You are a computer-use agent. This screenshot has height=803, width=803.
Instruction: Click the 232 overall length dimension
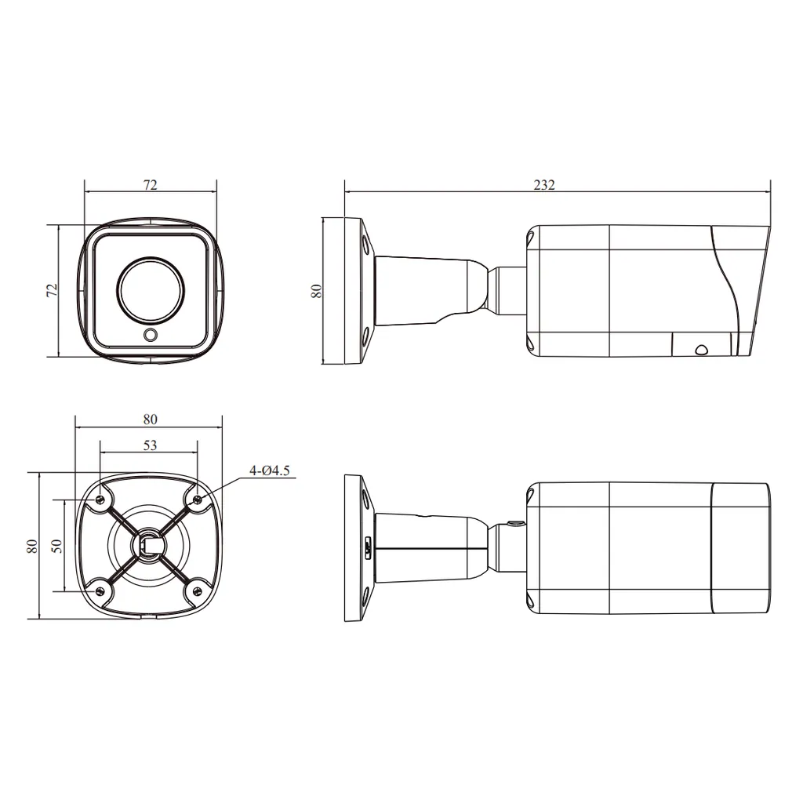pos(544,184)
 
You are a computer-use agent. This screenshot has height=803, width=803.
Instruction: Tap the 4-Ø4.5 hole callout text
pos(270,471)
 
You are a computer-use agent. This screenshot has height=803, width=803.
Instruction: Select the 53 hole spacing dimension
pos(150,445)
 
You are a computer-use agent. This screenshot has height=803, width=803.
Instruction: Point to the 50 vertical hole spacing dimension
pos(56,546)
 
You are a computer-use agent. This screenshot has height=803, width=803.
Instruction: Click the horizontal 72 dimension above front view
pos(150,184)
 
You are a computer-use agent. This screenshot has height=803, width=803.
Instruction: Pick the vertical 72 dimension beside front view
pos(52,290)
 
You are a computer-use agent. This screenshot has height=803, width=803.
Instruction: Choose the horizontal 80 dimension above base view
pos(150,419)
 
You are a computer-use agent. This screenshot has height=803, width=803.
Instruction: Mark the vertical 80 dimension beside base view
pos(31,546)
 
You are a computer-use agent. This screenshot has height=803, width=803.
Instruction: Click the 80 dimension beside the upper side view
pos(317,291)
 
